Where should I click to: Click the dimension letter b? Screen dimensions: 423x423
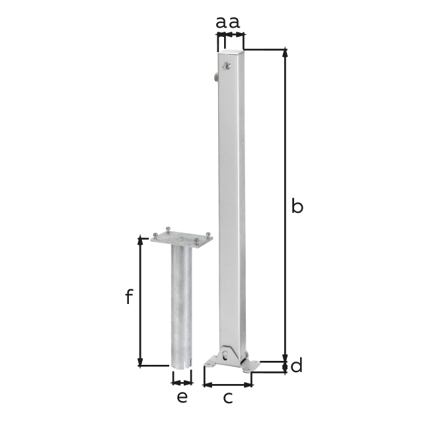(x=297, y=207)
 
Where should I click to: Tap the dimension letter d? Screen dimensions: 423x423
(x=297, y=365)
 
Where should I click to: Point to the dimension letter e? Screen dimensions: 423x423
(x=182, y=397)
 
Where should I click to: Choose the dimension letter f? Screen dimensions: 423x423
(x=129, y=297)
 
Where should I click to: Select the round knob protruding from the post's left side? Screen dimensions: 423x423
(x=215, y=79)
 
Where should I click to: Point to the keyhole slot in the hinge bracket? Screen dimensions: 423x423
(x=229, y=355)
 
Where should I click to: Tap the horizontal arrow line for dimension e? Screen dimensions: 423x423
(x=182, y=382)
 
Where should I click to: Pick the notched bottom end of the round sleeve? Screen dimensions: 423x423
(x=181, y=364)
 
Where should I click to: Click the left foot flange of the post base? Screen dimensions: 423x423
(x=211, y=362)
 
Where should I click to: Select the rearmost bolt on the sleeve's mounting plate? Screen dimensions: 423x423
(x=168, y=229)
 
